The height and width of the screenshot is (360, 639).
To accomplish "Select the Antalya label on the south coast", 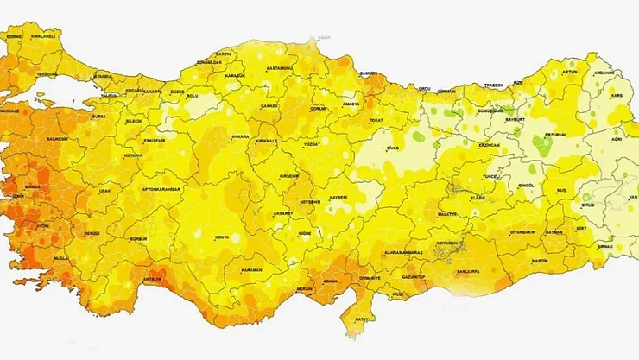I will [152, 278].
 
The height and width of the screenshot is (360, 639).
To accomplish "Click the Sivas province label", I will [394, 148].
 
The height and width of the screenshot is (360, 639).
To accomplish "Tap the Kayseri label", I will [337, 198].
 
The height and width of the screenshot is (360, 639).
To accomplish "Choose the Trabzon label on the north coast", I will [494, 85].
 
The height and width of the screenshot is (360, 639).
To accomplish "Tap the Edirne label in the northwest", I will [13, 37].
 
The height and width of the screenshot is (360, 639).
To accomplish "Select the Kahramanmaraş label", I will [402, 253].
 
